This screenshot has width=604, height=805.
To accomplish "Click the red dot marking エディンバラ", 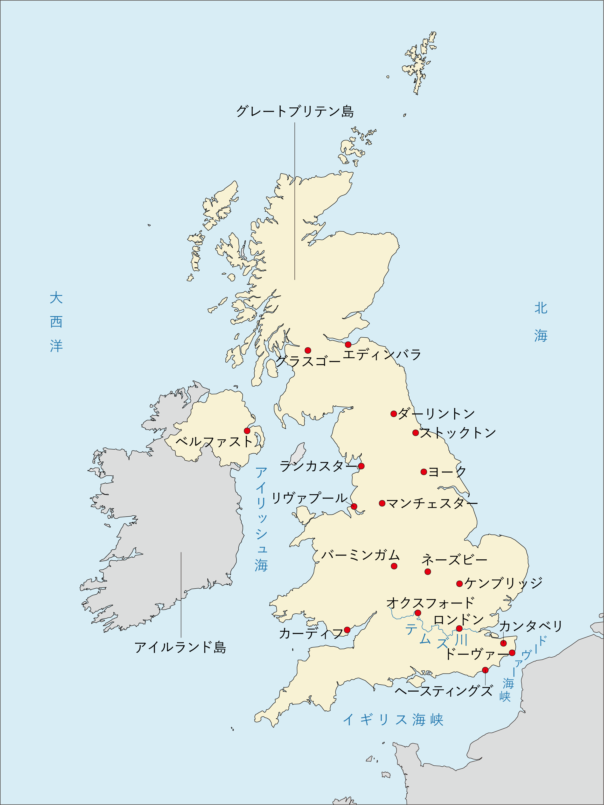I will [348, 345].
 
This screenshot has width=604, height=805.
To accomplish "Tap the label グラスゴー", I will [308, 361].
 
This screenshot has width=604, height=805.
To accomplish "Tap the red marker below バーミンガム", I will [394, 566].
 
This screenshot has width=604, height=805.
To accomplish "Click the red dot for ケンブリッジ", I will [459, 584].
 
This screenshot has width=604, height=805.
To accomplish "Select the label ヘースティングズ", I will [444, 691].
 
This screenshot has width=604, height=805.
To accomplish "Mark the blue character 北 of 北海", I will [541, 308].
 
